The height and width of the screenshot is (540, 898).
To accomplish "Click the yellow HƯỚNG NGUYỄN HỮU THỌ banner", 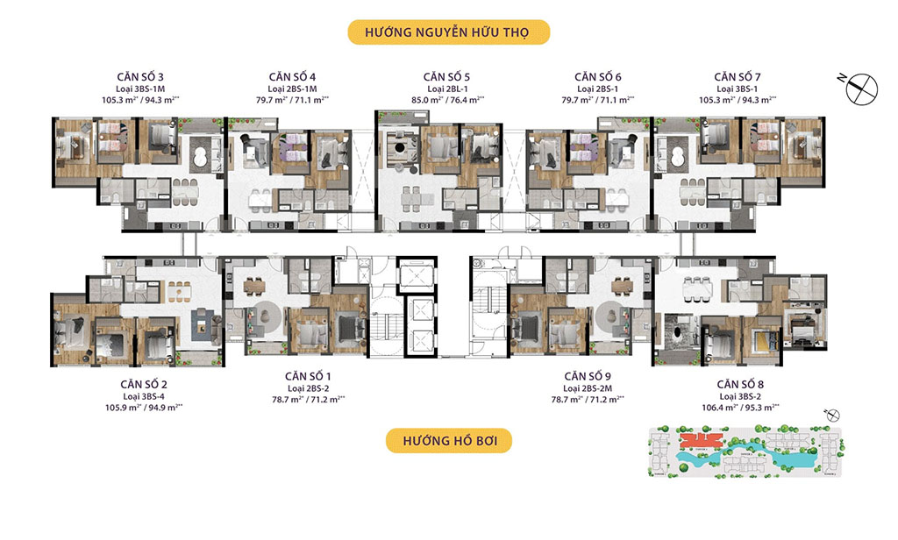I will click(448, 33).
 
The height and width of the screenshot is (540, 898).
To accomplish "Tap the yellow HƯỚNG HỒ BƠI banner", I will click(448, 440).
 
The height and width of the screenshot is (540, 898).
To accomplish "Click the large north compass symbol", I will click(861, 85).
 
